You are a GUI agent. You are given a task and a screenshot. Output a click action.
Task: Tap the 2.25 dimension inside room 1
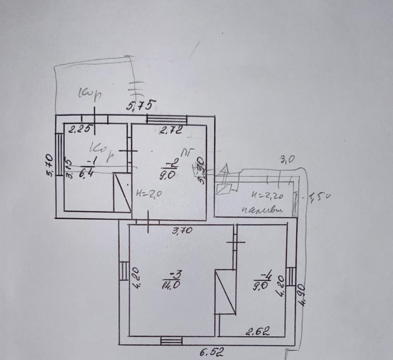(79, 131)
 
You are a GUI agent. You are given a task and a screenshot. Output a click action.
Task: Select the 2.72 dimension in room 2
(170, 131)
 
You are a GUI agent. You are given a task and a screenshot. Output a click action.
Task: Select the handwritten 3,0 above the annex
(287, 160)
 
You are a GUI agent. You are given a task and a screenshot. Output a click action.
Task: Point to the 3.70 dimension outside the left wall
(48, 165)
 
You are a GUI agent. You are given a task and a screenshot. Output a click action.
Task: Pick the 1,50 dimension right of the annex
(318, 197)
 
